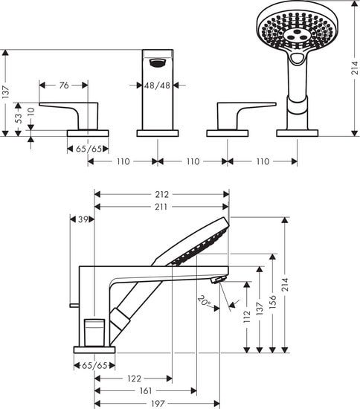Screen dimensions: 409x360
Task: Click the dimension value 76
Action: (63, 86)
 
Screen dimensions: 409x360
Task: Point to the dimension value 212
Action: (162, 195)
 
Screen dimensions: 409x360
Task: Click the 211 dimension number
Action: (162, 207)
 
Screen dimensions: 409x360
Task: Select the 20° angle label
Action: (203, 301)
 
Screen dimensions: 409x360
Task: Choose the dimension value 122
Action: (133, 378)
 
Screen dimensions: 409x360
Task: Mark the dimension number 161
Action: (146, 390)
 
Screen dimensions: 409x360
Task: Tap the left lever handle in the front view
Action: (71, 110)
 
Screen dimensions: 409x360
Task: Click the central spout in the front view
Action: (157, 93)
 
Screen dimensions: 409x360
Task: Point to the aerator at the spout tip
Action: (217, 280)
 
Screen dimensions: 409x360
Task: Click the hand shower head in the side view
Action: (195, 243)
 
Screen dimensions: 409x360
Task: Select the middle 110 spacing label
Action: (193, 161)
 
